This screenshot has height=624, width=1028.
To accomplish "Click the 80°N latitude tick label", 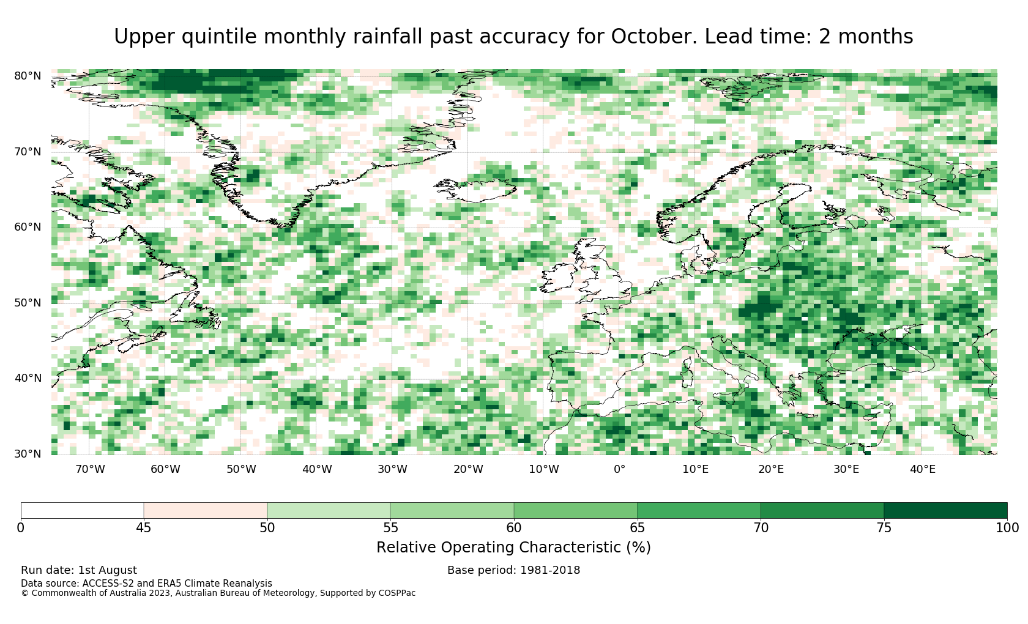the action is (x=28, y=76).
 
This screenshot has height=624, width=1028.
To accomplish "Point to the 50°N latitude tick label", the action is (x=28, y=303).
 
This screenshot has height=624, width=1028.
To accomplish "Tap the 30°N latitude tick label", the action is (x=28, y=454).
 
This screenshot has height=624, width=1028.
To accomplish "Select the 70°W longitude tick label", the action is (x=90, y=469).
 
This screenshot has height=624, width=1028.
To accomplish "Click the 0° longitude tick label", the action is (x=619, y=469).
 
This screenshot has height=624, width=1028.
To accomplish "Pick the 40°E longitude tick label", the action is (x=923, y=469).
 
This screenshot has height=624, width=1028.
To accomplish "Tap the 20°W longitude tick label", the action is (x=468, y=469).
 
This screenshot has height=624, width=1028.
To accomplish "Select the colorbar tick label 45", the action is (x=144, y=527).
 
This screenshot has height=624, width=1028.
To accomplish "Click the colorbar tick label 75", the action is (x=884, y=527).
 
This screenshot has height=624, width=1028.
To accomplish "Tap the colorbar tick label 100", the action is (x=1007, y=527).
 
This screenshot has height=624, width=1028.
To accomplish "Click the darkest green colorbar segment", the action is (x=945, y=511).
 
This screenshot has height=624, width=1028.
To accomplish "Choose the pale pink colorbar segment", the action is (x=205, y=511).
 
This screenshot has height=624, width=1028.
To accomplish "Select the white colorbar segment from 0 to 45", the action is (x=82, y=511).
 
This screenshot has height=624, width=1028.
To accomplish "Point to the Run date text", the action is (x=78, y=570).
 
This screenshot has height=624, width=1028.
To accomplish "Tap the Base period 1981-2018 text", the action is (x=513, y=570).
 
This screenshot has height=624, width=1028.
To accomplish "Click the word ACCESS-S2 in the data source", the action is (x=108, y=583).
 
